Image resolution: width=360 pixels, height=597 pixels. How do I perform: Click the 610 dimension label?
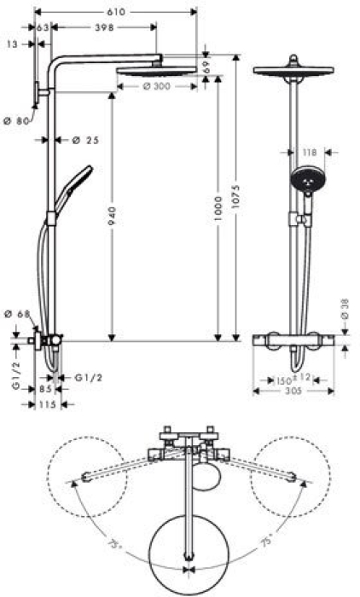click(117, 12)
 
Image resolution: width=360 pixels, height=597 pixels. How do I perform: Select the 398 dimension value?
click(105, 27)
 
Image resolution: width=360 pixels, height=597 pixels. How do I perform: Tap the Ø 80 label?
click(16, 121)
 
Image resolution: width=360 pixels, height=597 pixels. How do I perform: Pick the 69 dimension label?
click(206, 65)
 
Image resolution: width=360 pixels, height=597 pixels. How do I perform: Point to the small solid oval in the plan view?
click(206, 480)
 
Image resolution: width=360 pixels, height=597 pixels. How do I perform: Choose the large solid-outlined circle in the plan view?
click(188, 548)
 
